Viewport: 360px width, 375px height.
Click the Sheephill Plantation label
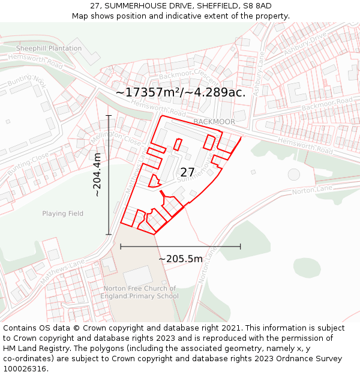coord(49,49)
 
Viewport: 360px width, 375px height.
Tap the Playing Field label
coord(63,214)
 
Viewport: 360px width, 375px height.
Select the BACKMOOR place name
coord(214,122)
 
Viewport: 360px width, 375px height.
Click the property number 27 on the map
coord(187,173)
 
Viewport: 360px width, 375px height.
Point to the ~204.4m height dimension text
coord(97,175)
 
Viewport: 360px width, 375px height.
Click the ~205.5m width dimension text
coord(180,259)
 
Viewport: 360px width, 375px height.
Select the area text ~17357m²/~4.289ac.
coord(181,92)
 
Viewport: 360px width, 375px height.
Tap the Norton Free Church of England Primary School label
coord(140,292)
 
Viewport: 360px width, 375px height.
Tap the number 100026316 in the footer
coord(26,368)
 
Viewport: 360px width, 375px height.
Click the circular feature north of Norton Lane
coord(293,174)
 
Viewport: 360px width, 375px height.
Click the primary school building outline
coord(138,276)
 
